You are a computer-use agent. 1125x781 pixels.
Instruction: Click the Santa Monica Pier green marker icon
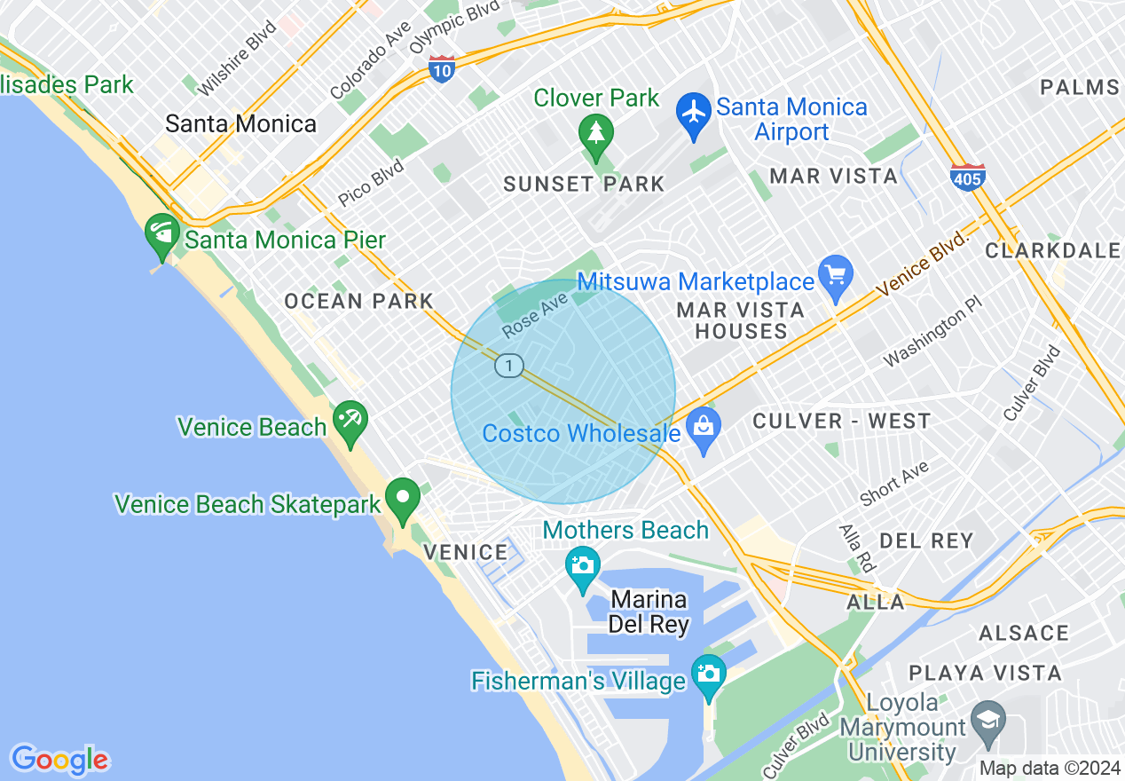point(162,233)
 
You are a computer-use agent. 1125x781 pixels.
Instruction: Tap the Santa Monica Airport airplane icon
point(694,112)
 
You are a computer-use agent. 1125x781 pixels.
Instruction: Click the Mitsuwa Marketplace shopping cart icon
point(836,273)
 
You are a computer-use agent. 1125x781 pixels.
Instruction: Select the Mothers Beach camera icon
point(583,564)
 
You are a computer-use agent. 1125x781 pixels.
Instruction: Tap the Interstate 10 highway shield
point(441,68)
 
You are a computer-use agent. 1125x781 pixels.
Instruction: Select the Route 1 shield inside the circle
point(508,366)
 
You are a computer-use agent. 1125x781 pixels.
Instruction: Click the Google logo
point(59,760)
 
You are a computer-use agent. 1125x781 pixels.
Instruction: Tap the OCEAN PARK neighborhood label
point(358,302)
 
